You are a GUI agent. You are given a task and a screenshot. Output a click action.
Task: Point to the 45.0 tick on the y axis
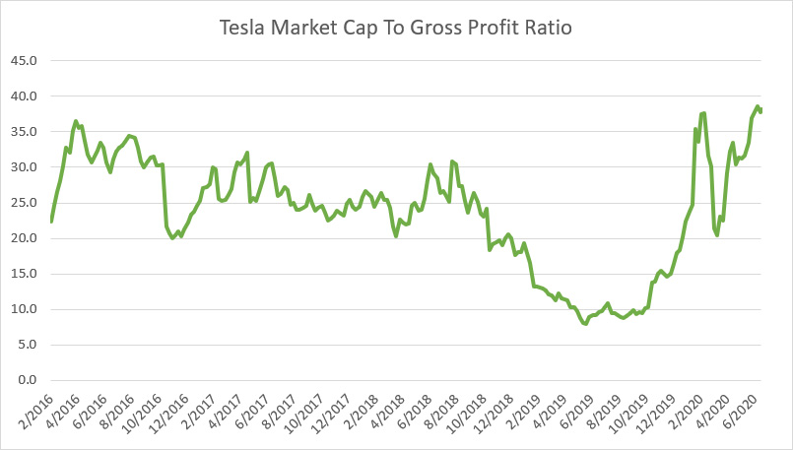[x=24, y=61]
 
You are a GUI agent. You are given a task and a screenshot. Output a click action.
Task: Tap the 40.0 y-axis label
[x=24, y=96]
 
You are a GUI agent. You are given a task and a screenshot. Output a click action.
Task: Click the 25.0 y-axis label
[x=24, y=203]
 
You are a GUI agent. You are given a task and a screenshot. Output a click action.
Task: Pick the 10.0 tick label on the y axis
[x=24, y=309]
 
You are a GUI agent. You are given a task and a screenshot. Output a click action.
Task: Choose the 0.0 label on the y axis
[x=27, y=380]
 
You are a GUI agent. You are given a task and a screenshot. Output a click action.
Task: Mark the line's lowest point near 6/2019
[x=585, y=324]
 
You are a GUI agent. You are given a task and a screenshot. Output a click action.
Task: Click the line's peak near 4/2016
[x=76, y=121]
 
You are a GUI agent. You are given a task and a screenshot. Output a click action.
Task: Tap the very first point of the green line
[x=51, y=222]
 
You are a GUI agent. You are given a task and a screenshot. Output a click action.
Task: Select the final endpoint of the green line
[x=760, y=110]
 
